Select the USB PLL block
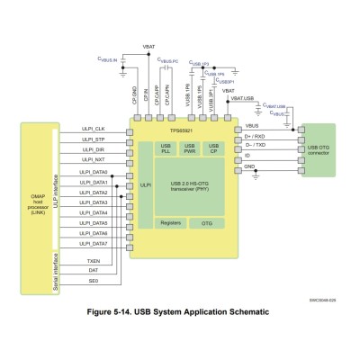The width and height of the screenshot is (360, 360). (x=166, y=148)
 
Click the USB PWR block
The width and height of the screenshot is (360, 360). (x=190, y=148)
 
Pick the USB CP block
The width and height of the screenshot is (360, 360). (x=213, y=148)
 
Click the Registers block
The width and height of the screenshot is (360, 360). (x=171, y=221)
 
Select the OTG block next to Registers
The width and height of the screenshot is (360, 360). (x=207, y=221)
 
